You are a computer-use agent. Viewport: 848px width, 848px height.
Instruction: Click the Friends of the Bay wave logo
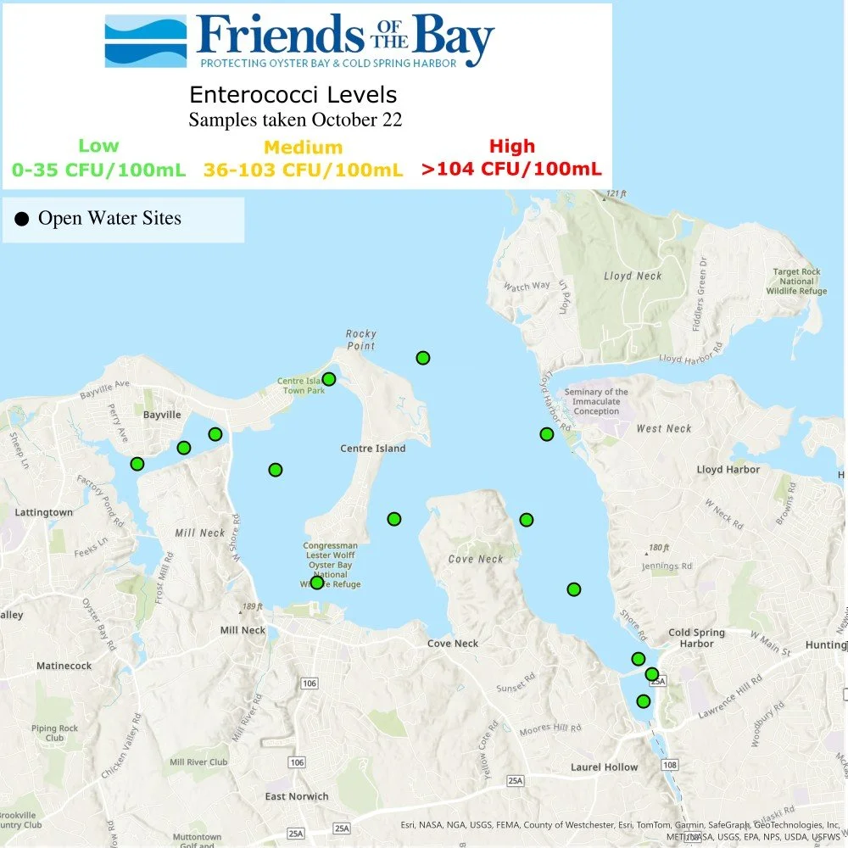click(x=145, y=42)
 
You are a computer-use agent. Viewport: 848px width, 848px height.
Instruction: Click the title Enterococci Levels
click(x=293, y=94)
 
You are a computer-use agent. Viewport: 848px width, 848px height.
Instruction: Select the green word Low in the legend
click(x=98, y=146)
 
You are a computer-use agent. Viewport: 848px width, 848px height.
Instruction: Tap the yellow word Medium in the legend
click(x=303, y=148)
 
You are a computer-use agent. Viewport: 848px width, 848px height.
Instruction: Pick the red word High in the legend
click(x=511, y=146)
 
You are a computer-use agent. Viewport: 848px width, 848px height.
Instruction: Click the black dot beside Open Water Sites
click(x=22, y=220)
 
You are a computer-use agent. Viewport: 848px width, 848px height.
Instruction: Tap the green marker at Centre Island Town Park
click(x=329, y=379)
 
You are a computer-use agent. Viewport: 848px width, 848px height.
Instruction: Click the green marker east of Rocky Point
click(x=422, y=358)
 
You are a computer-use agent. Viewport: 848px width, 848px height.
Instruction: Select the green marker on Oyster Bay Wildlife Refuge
click(x=316, y=583)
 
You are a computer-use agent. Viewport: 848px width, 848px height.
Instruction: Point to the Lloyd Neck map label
click(x=633, y=276)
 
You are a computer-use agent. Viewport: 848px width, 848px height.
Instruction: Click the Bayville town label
click(x=162, y=415)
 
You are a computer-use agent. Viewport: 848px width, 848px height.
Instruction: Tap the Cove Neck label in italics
click(x=476, y=559)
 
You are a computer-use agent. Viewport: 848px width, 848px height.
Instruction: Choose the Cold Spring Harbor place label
click(x=696, y=638)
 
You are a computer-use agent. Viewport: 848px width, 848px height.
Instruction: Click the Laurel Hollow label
click(x=604, y=767)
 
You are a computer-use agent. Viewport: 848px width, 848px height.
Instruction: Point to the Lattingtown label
click(x=43, y=513)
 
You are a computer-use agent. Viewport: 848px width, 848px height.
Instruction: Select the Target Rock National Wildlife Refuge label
click(x=797, y=282)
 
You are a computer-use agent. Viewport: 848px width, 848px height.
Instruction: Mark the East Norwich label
click(x=296, y=796)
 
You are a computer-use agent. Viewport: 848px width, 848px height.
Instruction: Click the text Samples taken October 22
click(x=294, y=120)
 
